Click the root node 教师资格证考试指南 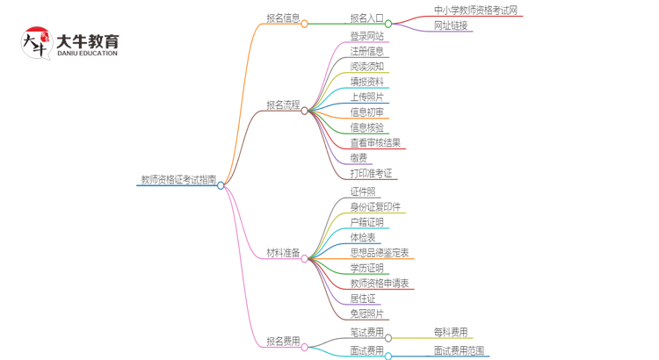pos(178,180)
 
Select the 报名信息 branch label pos(283,18)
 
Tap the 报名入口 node pos(366,18)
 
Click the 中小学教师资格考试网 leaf pos(475,11)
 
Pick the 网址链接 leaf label pos(451,25)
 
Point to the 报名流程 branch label pos(283,105)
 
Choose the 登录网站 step pos(366,36)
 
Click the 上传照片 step pos(366,97)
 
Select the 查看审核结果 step pos(375,143)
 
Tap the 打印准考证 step pos(371,174)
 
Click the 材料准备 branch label pos(283,253)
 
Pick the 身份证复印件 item pos(375,207)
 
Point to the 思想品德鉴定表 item pos(379,253)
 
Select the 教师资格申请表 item pos(379,284)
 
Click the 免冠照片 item pos(366,313)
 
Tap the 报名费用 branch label pos(283,342)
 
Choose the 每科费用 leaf pos(451,332)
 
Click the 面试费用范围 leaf pos(459,350)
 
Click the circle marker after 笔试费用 pos(389,338)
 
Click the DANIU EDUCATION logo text pos(86,54)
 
